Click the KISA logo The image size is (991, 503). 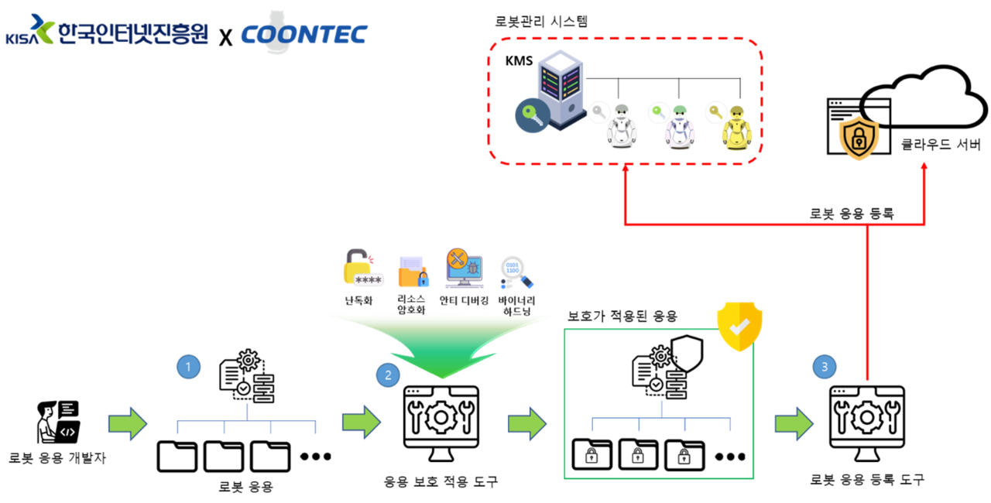pyautogui.click(x=107, y=29)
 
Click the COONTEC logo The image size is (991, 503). pyautogui.click(x=303, y=33)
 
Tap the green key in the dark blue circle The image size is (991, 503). pyautogui.click(x=532, y=116)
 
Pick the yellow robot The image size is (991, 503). pyautogui.click(x=736, y=128)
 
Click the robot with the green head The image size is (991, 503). pyautogui.click(x=679, y=128)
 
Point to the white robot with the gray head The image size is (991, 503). pyautogui.click(x=621, y=128)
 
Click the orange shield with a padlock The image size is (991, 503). pyautogui.click(x=859, y=139)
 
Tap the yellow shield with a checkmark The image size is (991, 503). pyautogui.click(x=739, y=326)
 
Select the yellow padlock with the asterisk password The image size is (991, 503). pyautogui.click(x=362, y=268)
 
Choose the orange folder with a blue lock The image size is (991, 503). pyautogui.click(x=413, y=272)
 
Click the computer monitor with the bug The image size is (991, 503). pyautogui.click(x=465, y=269)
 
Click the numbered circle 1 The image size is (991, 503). pyautogui.click(x=189, y=366)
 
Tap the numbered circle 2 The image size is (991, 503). pyautogui.click(x=389, y=375)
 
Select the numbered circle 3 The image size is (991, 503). pyautogui.click(x=824, y=366)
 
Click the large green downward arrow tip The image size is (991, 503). pyautogui.click(x=442, y=375)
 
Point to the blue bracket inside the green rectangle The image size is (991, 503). pyautogui.click(x=661, y=419)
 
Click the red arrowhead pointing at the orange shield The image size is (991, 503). pyautogui.click(x=923, y=165)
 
